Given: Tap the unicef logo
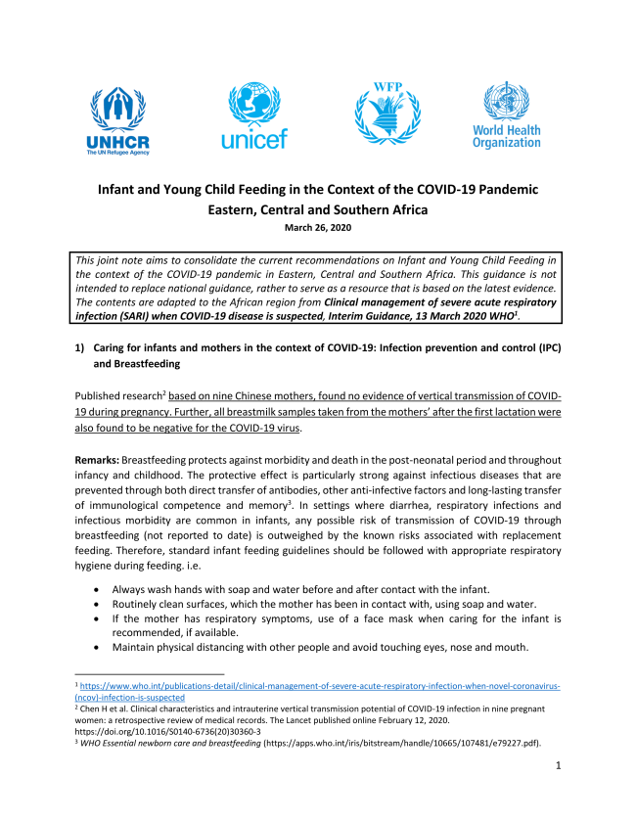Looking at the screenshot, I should (x=254, y=115).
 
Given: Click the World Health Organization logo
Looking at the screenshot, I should (x=506, y=115).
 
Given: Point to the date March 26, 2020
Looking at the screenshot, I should (x=317, y=228).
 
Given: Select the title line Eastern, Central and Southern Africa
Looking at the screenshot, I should (x=317, y=209).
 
